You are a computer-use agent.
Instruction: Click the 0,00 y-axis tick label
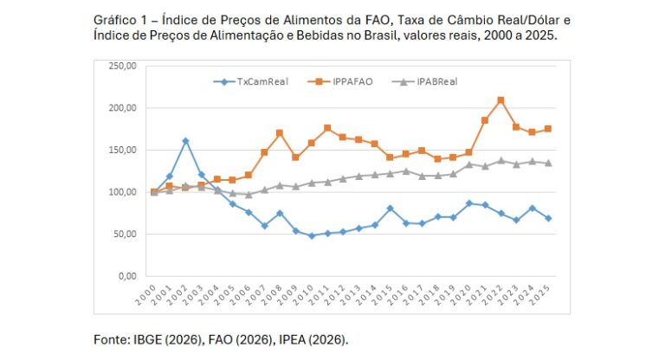pos(127,275)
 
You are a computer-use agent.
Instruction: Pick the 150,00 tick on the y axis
pos(122,150)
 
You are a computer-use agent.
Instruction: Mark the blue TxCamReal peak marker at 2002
pos(185,141)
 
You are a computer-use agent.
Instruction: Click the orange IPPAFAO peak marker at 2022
pos(500,100)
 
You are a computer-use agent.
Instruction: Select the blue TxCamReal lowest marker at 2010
pos(312,235)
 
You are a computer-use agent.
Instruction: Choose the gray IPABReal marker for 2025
pos(548,163)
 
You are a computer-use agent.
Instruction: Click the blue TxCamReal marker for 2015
pos(391,209)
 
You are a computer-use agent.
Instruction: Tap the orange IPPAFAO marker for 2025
pos(548,129)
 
